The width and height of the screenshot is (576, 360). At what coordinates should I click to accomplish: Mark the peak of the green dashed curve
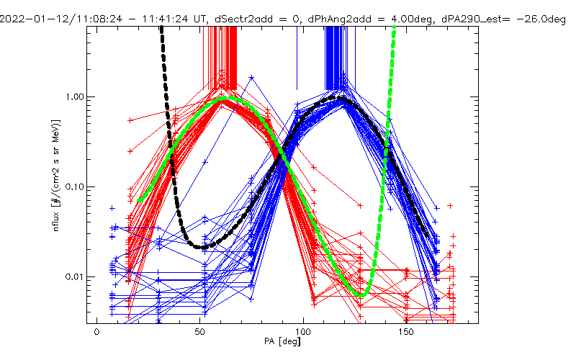[223, 97]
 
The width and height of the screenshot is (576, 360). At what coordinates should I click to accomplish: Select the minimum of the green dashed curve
[362, 294]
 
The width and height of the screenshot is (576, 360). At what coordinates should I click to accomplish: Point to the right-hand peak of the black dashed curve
[341, 98]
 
